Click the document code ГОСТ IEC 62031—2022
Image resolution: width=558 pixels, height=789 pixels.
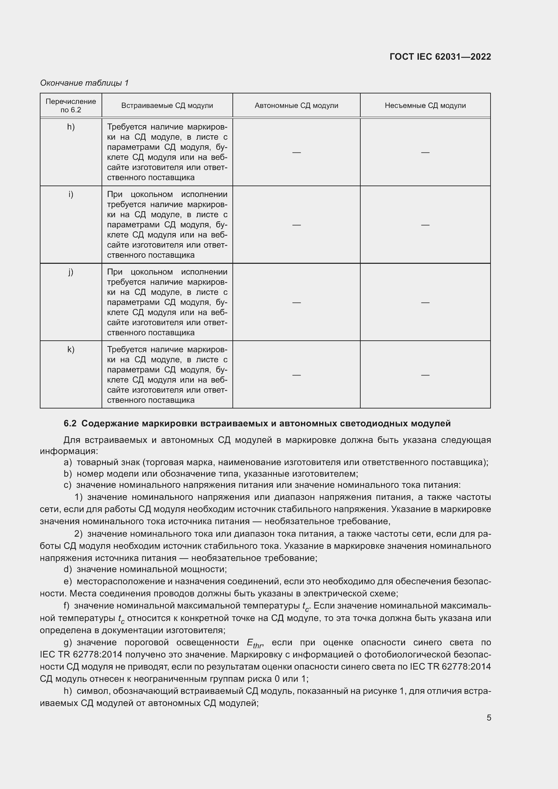[x=440, y=57]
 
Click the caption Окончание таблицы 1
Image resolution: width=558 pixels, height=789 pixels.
[x=84, y=83]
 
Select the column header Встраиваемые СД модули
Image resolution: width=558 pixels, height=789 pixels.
[x=167, y=106]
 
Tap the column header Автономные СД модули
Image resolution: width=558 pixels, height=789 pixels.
[x=296, y=106]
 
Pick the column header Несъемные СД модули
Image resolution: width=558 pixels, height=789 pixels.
[x=425, y=106]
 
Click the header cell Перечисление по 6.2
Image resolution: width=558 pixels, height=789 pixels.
[x=71, y=106]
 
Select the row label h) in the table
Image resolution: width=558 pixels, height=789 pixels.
[x=71, y=127]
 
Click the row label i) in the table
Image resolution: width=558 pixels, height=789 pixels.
[x=71, y=194]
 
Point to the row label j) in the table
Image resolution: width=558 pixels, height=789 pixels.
[x=71, y=272]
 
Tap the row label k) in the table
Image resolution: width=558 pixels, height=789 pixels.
[x=71, y=349]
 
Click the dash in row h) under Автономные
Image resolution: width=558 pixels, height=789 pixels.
[x=296, y=152]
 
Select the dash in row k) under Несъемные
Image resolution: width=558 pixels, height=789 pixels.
[x=425, y=374]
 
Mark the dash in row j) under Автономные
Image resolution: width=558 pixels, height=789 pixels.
[x=296, y=302]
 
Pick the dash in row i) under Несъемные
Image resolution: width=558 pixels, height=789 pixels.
[x=425, y=225]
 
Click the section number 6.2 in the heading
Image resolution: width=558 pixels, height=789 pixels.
[x=70, y=424]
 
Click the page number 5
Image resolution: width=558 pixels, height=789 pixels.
[x=489, y=718]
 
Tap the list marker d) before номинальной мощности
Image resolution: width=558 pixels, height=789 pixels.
[x=68, y=569]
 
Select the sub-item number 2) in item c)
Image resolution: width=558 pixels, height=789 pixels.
[x=78, y=534]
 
